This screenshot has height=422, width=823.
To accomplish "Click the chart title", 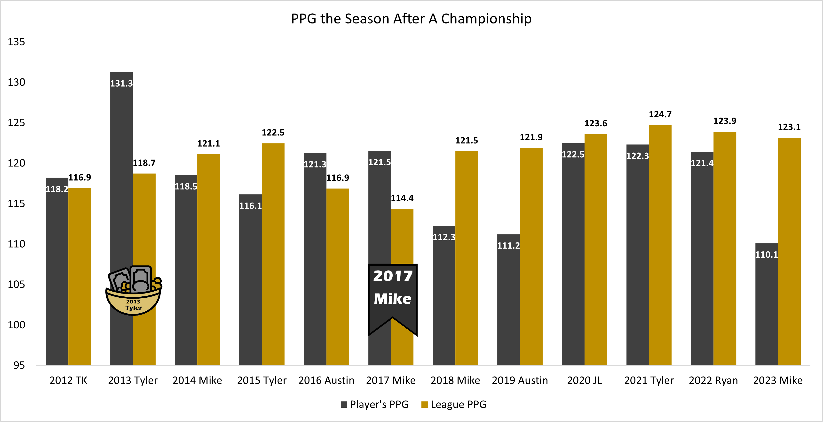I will point(411,19).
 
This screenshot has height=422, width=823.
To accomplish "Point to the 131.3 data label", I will point(121,83).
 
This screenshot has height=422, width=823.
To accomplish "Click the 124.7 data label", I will point(660,114).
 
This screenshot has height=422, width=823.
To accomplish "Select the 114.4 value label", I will point(402,198).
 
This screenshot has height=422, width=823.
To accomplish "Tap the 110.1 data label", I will point(767,255).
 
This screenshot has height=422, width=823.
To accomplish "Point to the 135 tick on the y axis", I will point(16,42).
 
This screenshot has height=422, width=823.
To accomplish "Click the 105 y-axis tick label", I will point(16,284).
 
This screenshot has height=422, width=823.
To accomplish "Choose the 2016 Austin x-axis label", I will point(326,380).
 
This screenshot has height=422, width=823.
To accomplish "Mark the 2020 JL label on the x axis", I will point(584,380).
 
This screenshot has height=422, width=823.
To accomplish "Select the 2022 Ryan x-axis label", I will point(713,380).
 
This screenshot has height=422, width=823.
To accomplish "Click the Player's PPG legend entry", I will point(375,404).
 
